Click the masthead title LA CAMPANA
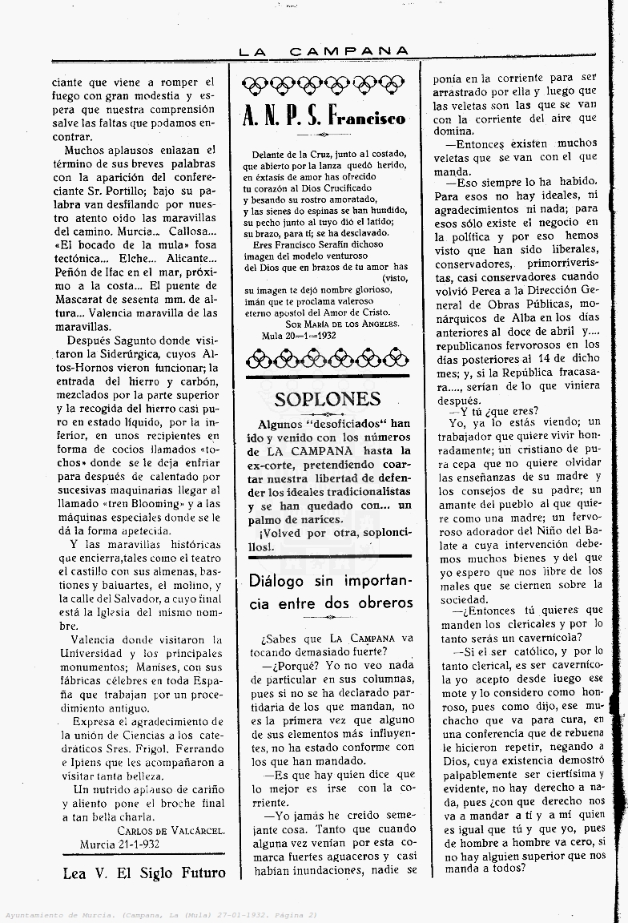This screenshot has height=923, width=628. (x=324, y=51)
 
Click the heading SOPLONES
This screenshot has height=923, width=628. (x=327, y=399)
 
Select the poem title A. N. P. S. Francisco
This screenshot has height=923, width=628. (x=324, y=119)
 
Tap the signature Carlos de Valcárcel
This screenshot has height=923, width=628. (x=171, y=831)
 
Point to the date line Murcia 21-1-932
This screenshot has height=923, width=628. (x=119, y=844)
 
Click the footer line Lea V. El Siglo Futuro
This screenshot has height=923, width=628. (x=144, y=873)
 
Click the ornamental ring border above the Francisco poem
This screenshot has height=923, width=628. (x=324, y=83)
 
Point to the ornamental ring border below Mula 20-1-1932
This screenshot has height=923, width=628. (x=324, y=358)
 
